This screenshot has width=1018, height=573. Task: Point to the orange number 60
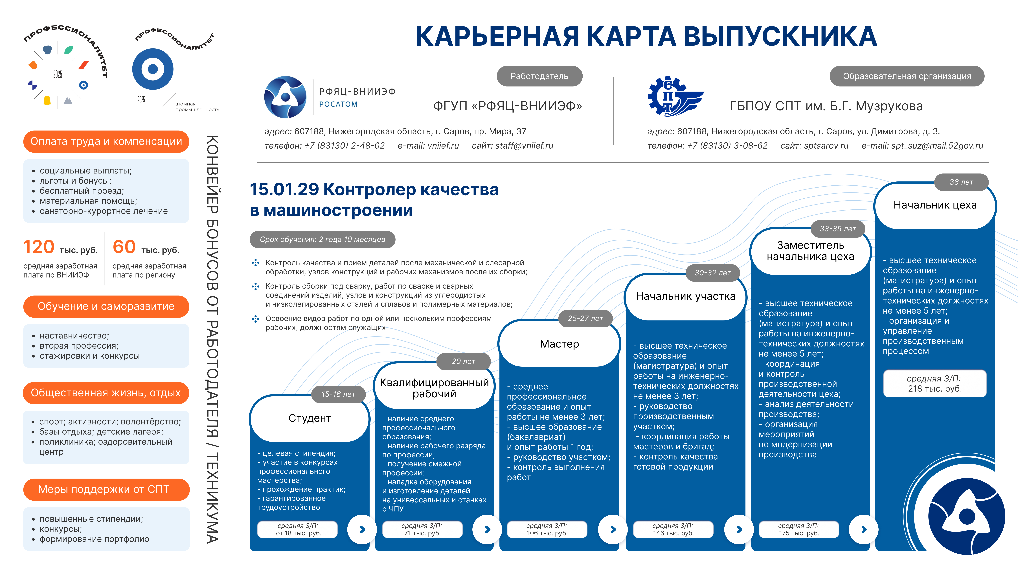pos(124,247)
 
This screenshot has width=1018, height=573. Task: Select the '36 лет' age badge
pos(961,182)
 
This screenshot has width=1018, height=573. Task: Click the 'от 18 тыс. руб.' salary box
pos(298,529)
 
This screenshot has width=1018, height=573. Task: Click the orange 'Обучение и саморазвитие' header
pos(106,307)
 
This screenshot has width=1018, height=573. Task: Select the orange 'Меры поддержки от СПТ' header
pos(106,490)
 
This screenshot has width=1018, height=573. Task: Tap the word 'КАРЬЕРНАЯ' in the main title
pos(497,36)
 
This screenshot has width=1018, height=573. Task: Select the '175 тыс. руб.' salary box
pos(799,529)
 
